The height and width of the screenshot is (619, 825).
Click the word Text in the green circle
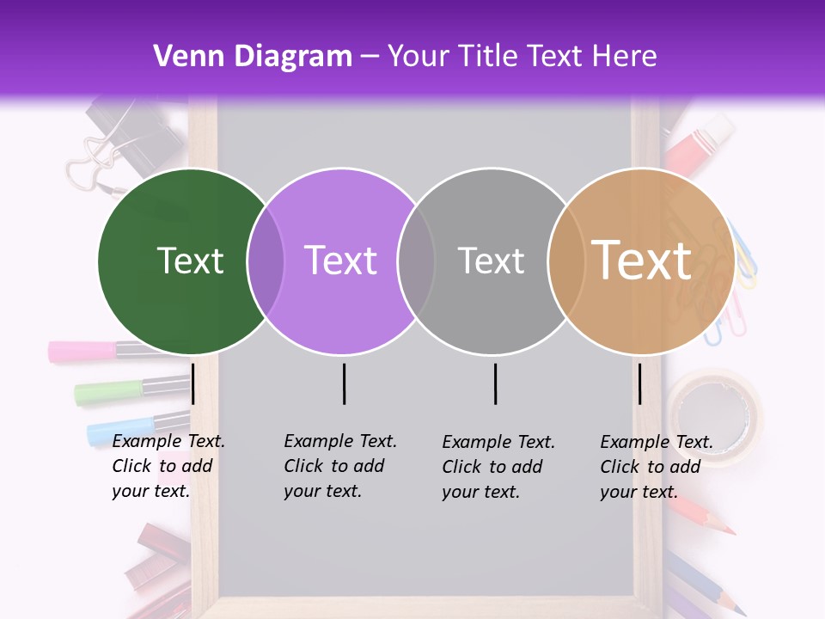point(190,260)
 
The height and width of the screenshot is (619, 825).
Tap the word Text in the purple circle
point(340,260)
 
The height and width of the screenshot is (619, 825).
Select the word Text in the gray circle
point(491,260)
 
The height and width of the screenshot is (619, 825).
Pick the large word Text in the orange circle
point(641,260)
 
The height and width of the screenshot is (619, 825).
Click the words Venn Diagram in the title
point(253,57)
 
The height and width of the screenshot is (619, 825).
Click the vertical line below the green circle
point(193,383)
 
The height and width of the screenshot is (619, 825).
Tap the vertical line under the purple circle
point(344,383)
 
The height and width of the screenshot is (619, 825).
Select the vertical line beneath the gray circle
point(495,383)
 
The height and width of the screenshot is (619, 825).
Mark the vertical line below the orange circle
point(639,383)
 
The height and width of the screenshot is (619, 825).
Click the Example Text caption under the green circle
point(168,466)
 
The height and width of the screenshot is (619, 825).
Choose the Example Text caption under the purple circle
point(339,466)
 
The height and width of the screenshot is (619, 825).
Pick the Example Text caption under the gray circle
point(498,467)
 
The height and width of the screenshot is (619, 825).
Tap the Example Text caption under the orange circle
point(656,467)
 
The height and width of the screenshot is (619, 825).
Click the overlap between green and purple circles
point(266,260)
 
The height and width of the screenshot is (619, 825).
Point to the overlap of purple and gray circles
point(416,260)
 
